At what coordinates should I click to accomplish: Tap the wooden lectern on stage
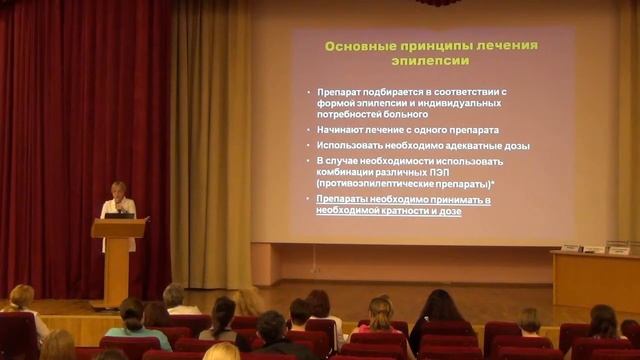[117, 255]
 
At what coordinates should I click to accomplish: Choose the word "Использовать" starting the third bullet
[349, 145]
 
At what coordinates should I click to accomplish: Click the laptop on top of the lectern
[119, 214]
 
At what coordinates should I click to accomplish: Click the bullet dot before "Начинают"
[309, 131]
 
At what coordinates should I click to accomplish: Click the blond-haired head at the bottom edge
[221, 351]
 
